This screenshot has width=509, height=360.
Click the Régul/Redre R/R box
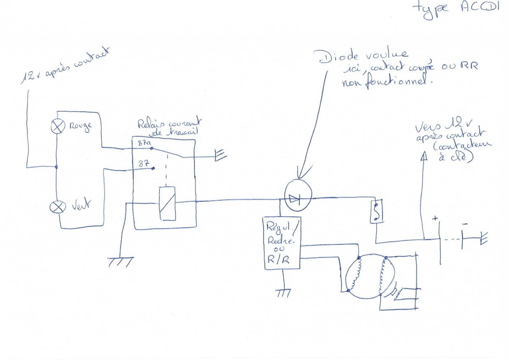pos(282,243)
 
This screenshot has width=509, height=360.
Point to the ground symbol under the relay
pos(120,262)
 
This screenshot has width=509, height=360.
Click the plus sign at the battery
pos(435,218)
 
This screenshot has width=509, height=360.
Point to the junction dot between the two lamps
pos(56,167)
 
